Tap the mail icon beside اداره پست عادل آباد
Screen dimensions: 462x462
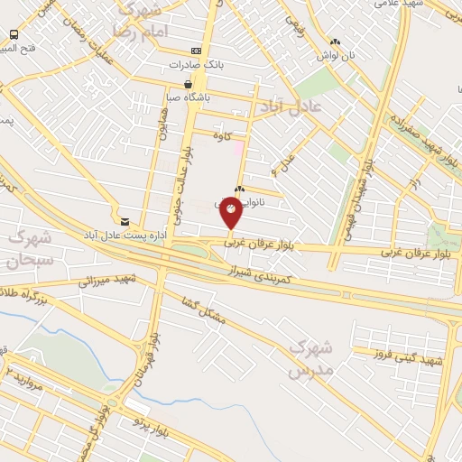[x=125, y=221]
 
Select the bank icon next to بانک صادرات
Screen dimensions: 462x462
[x=197, y=51]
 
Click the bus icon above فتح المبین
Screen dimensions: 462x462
[x=14, y=34]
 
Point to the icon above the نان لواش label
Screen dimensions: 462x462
[x=335, y=42]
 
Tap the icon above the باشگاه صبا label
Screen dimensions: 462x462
[x=187, y=83]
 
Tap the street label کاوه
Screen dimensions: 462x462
[x=223, y=135]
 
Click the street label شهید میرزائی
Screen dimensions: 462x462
[x=106, y=282]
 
